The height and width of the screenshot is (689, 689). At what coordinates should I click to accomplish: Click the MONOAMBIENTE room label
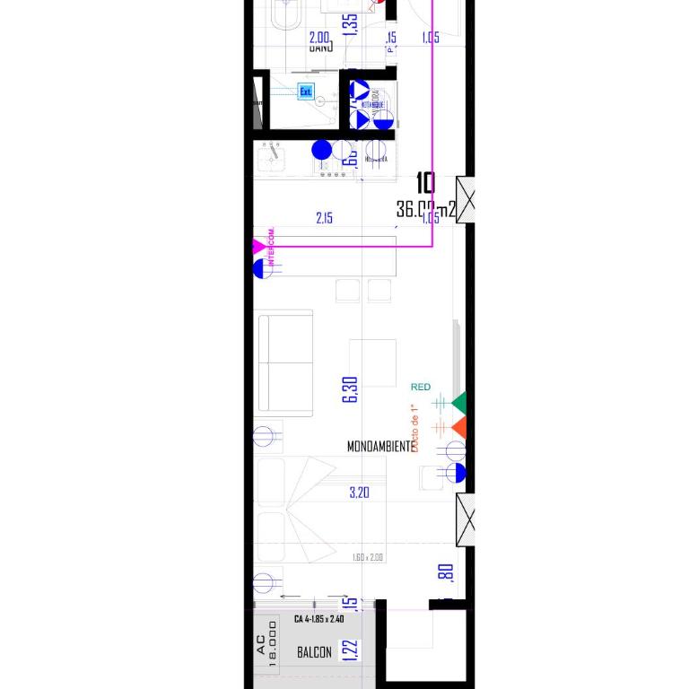pos(380,446)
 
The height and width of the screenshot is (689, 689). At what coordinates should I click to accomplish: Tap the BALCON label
pos(314,652)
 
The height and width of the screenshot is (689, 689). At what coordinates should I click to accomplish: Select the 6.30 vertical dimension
pos(351,388)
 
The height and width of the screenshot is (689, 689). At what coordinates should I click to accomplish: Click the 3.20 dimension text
pos(359,493)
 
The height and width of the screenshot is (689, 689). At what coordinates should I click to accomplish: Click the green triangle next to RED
pos(458,403)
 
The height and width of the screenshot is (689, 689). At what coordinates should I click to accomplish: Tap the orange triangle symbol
pos(458,427)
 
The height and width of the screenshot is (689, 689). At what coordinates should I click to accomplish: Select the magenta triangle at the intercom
pos(259,246)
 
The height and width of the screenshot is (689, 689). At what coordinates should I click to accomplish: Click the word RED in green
pos(420,387)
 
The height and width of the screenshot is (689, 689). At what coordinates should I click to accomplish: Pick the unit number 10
pos(426,184)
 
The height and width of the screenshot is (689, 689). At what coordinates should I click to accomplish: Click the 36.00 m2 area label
pos(426,209)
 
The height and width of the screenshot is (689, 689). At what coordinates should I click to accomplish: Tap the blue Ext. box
pos(305,91)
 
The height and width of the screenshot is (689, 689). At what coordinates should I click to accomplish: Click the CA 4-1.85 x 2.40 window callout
pos(318,619)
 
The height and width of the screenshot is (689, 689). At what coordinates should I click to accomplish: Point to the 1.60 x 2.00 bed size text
pos(368,557)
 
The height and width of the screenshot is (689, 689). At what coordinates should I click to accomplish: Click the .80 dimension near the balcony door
pos(448,572)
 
